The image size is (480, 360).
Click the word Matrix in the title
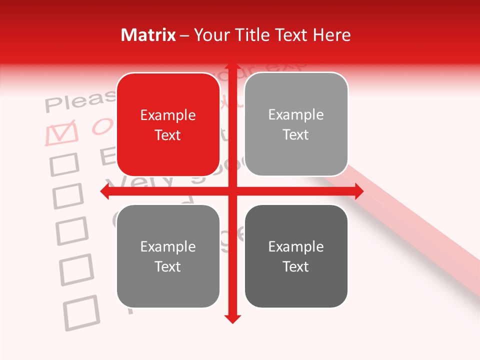pyautogui.click(x=148, y=35)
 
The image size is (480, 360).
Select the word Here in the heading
pyautogui.click(x=331, y=35)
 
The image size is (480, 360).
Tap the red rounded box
pyautogui.click(x=168, y=125)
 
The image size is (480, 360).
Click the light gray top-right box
pyautogui.click(x=296, y=124)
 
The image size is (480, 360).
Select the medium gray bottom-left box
pyautogui.click(x=168, y=256)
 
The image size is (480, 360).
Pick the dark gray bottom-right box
pyautogui.click(x=296, y=256)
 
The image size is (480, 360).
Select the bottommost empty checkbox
pyautogui.click(x=81, y=313)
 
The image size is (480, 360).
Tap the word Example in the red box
pyautogui.click(x=168, y=115)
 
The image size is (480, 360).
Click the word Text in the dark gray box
pyautogui.click(x=296, y=266)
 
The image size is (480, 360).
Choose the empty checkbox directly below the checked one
pyautogui.click(x=64, y=164)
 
